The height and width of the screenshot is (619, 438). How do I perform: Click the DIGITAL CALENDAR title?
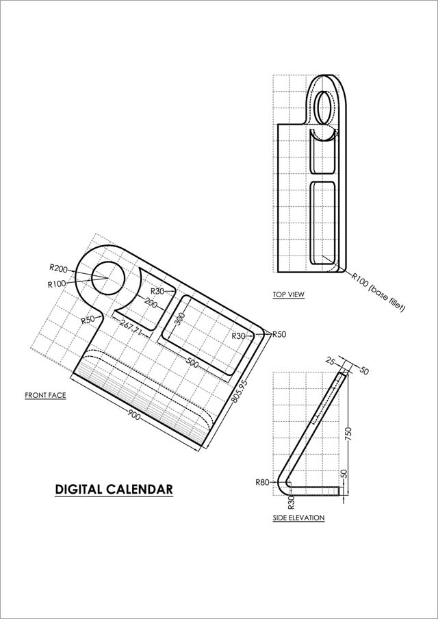click(114, 490)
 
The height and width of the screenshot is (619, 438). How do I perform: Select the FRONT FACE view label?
click(45, 395)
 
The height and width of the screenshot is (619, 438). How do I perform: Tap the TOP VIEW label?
click(288, 294)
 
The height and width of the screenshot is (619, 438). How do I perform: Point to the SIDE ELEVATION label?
click(298, 518)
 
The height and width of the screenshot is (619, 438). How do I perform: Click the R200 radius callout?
click(58, 268)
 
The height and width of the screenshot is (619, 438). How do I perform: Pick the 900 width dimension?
click(133, 415)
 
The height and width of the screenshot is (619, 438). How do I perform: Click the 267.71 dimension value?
click(131, 327)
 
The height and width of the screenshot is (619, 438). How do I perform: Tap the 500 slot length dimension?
click(192, 364)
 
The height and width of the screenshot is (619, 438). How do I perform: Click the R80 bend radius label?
click(262, 482)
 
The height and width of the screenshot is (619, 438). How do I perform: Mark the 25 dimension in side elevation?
click(331, 360)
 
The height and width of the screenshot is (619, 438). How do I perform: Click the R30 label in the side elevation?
click(292, 502)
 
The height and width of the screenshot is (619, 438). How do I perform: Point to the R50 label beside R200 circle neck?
click(88, 320)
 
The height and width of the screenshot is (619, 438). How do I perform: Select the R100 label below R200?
click(56, 284)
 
